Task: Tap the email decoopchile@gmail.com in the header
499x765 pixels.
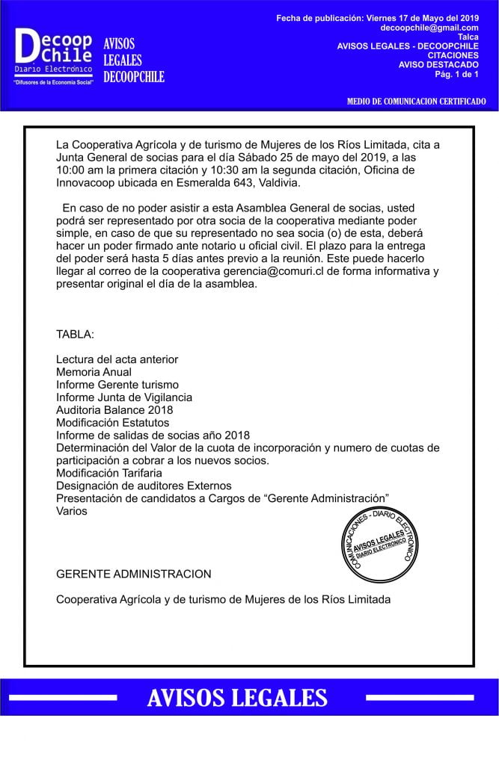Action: tap(429, 28)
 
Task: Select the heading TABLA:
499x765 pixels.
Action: tap(75, 333)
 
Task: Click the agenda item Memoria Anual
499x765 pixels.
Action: tap(94, 372)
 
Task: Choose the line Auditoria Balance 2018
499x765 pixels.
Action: tap(114, 410)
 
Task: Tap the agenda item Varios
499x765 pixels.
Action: tap(71, 512)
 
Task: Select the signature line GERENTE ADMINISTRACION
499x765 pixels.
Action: tap(133, 574)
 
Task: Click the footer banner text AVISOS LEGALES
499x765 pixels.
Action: tap(237, 698)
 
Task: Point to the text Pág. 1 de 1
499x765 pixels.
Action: tap(456, 74)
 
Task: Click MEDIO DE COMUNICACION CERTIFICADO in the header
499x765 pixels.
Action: tap(416, 101)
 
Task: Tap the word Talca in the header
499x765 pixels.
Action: tap(468, 37)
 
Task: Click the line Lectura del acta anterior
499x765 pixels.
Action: tap(117, 359)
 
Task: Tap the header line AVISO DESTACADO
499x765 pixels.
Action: tap(438, 64)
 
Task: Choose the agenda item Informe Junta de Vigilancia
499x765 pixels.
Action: tap(123, 397)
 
